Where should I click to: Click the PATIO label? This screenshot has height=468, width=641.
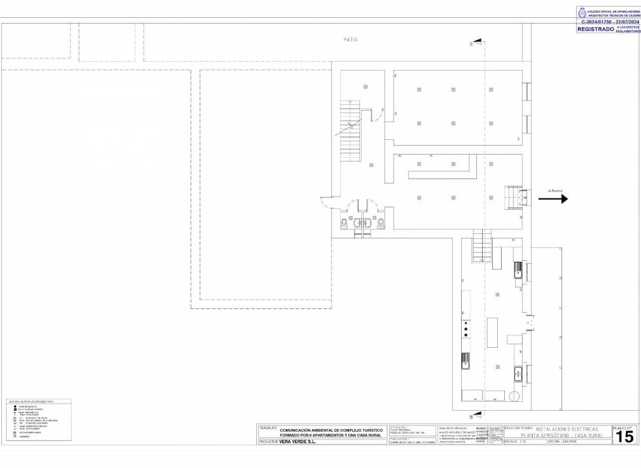[x=350, y=39]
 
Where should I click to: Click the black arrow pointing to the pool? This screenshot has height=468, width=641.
[x=553, y=198]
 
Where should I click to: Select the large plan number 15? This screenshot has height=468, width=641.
[x=624, y=436]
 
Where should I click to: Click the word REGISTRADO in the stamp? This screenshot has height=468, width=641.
[x=595, y=29]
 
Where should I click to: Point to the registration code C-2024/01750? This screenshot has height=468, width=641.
[x=598, y=22]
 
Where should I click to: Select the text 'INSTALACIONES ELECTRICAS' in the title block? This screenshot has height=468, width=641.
[x=567, y=429]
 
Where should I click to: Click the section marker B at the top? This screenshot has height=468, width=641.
[x=471, y=44]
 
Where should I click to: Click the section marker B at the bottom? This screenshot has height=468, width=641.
[x=471, y=416]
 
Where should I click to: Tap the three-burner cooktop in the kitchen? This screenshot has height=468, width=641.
[x=466, y=329]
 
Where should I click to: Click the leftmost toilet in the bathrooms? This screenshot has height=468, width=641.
[x=343, y=223]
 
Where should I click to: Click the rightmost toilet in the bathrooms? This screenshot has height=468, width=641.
[x=381, y=223]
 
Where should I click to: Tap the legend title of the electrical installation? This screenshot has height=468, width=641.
[x=31, y=402]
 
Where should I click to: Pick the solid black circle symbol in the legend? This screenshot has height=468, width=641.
[x=14, y=406]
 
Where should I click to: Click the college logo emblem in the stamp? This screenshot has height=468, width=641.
[x=582, y=12]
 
